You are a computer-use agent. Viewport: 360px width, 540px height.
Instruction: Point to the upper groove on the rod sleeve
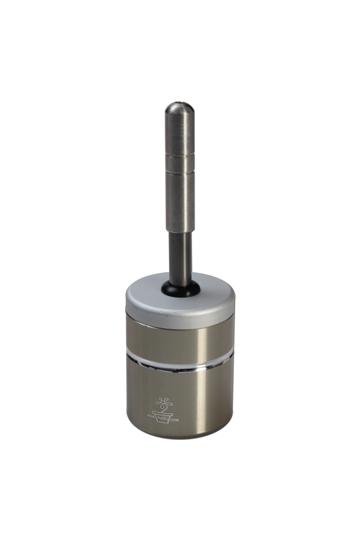click(180, 154)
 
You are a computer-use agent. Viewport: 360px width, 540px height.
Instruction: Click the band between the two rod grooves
click(180, 162)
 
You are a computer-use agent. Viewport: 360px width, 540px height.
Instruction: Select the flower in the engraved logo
click(163, 402)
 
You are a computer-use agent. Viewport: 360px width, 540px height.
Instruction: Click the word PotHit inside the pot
click(162, 417)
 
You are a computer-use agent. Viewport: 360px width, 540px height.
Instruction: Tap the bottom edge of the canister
click(180, 437)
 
